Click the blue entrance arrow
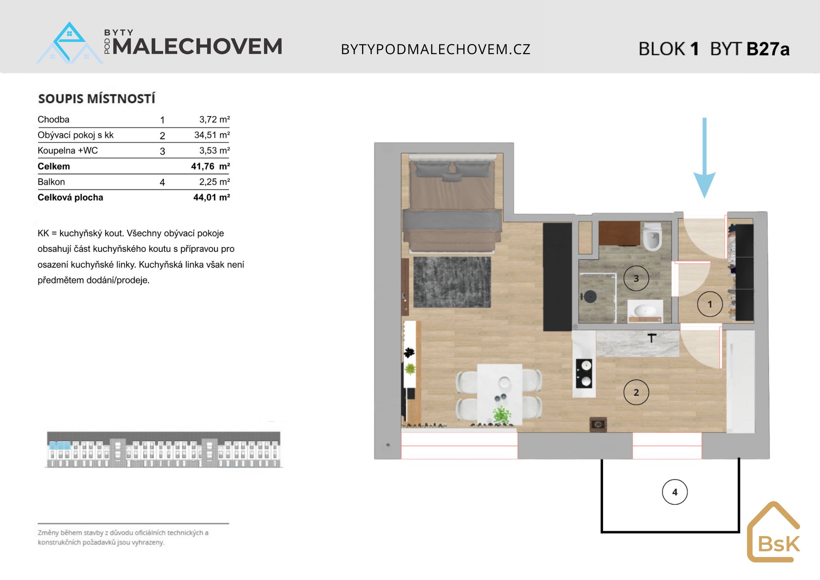704,158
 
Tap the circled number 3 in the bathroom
636,279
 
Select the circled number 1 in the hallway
710,304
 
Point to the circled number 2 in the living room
636,392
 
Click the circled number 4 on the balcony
674,492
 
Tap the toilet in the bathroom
651,237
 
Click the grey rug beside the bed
452,282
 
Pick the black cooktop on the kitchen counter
584,373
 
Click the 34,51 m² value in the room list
212,135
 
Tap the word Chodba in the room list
53,119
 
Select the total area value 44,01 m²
212,197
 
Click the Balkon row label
51,182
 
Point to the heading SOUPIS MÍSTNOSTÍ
97,98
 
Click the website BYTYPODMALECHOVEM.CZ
436,49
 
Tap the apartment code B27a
768,49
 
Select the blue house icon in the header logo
70,43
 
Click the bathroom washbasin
645,311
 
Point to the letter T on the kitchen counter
652,338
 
